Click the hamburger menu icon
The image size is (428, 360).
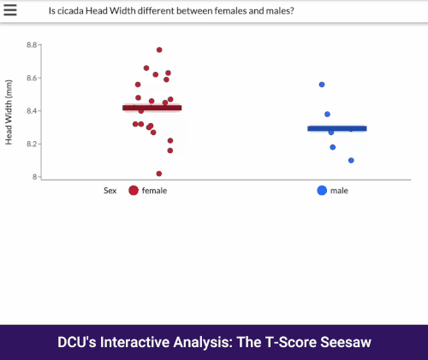click(11, 10)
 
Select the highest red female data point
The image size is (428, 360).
click(159, 50)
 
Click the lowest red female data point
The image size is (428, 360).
click(159, 174)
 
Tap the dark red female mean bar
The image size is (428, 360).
click(152, 108)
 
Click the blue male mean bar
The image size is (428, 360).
click(337, 128)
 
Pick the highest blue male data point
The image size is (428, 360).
click(322, 85)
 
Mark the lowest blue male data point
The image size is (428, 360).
click(351, 161)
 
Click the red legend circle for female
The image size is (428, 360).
click(134, 191)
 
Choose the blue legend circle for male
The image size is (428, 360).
click(322, 191)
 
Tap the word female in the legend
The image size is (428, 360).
click(154, 191)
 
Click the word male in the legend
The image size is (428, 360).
click(339, 191)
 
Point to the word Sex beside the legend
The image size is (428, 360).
click(110, 191)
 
